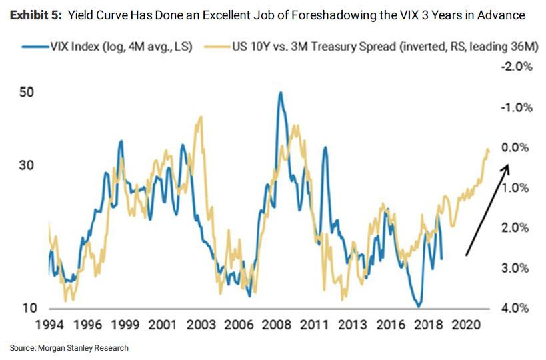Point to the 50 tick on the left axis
pyautogui.click(x=27, y=93)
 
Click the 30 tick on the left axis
pyautogui.click(x=27, y=166)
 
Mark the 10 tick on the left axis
pyautogui.click(x=27, y=308)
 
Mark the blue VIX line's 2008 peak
pyautogui.click(x=281, y=93)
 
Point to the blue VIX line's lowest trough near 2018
pyautogui.click(x=418, y=306)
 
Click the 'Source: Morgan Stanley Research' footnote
pyautogui.click(x=69, y=347)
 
